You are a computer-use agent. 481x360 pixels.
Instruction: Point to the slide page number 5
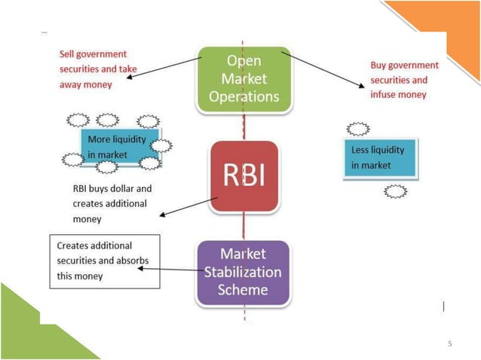[450, 344]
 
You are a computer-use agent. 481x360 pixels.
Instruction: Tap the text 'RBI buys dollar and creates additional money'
[110, 203]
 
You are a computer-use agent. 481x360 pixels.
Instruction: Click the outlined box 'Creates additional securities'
[104, 261]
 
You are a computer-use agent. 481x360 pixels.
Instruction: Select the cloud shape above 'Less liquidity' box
[357, 129]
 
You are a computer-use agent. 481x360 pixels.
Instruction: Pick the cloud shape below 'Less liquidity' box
[395, 191]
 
